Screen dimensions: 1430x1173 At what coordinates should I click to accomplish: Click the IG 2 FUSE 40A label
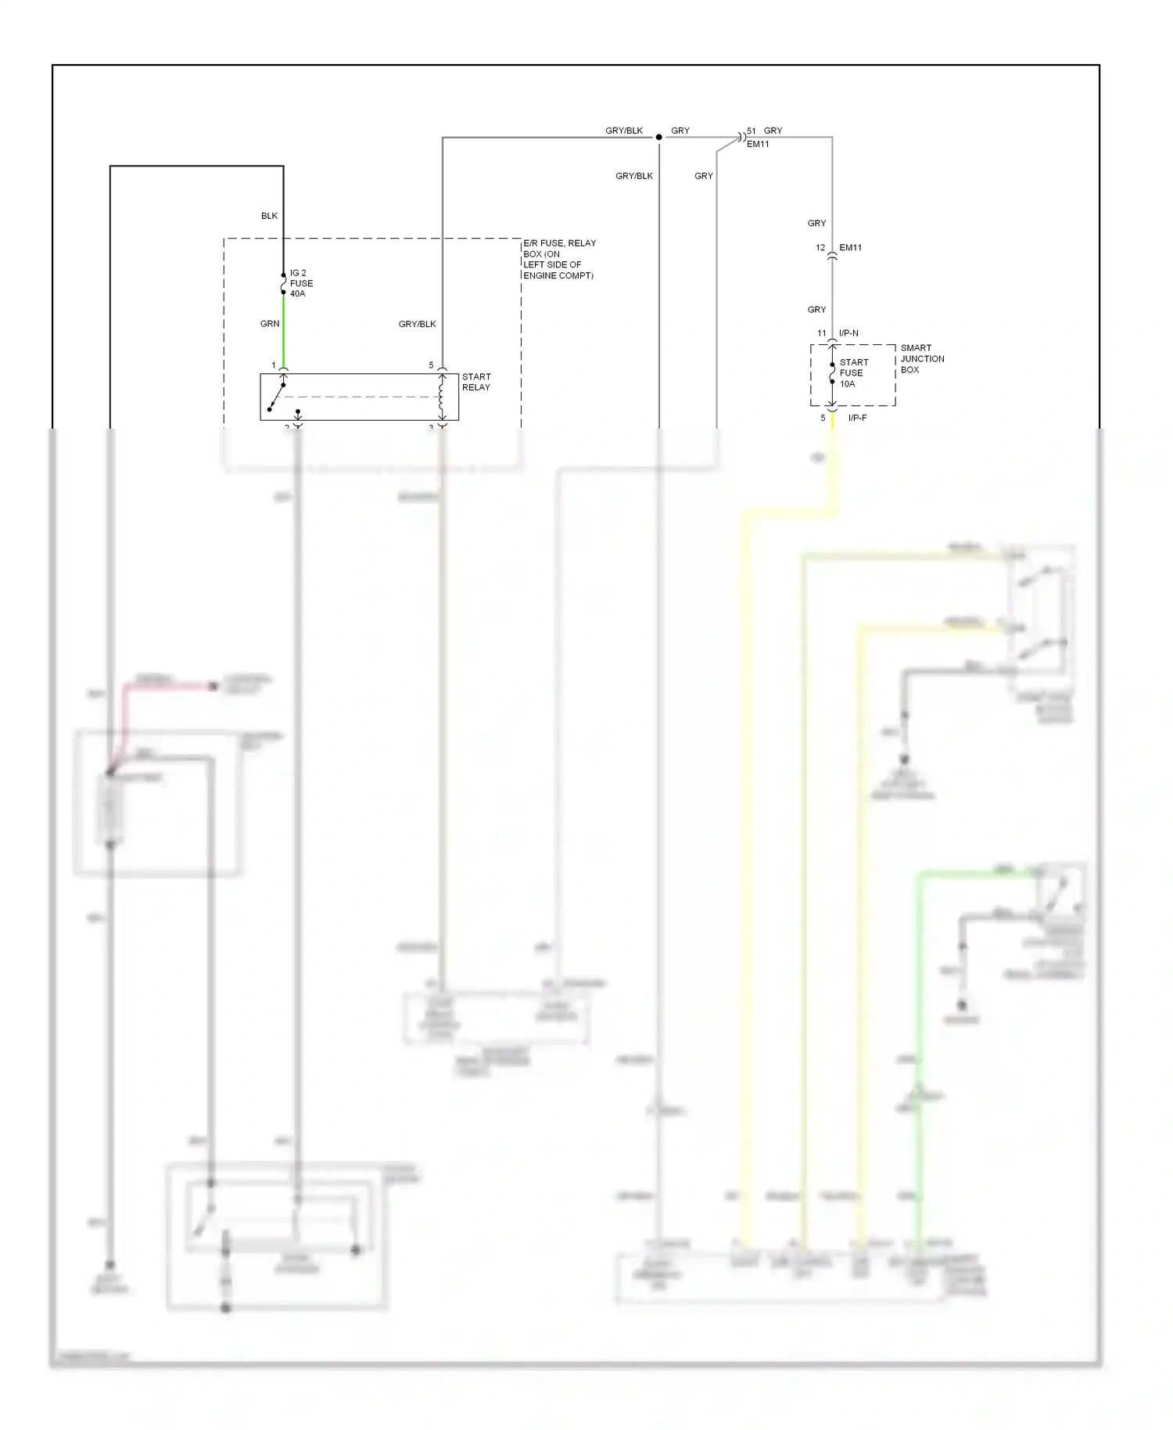tap(300, 283)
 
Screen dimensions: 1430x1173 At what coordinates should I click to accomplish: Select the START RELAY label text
tap(475, 382)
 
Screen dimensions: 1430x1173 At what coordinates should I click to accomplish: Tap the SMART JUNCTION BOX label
tap(922, 358)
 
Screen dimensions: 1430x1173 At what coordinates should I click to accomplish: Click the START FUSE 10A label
tap(853, 373)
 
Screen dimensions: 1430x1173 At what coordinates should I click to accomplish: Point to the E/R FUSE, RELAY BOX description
tap(558, 259)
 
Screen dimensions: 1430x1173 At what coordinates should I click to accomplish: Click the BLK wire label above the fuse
tap(269, 216)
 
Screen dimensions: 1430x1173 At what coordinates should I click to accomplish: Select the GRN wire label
tap(269, 324)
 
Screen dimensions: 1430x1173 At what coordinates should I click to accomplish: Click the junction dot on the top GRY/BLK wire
tap(658, 137)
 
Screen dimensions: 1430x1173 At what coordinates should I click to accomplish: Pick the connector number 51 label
tap(751, 131)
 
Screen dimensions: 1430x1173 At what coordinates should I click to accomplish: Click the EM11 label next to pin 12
tap(850, 248)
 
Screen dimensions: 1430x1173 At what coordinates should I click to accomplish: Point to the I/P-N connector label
tap(848, 333)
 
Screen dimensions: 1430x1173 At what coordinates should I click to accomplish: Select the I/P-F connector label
tap(857, 418)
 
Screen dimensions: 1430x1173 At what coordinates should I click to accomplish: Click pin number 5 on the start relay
tap(431, 365)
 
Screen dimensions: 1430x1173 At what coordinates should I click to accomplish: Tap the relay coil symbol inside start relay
tap(442, 397)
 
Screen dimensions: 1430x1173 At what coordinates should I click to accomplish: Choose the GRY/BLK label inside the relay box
tap(417, 324)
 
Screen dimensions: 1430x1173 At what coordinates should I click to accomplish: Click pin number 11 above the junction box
tap(821, 333)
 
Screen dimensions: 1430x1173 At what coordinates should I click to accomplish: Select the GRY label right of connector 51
tap(773, 131)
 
